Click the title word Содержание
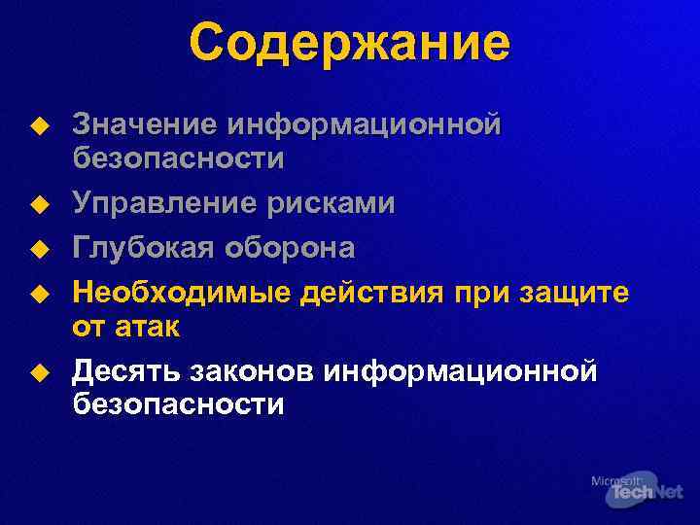[349, 44]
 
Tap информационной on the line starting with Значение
[364, 125]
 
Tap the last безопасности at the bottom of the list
[179, 404]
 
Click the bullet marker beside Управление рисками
[37, 204]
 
